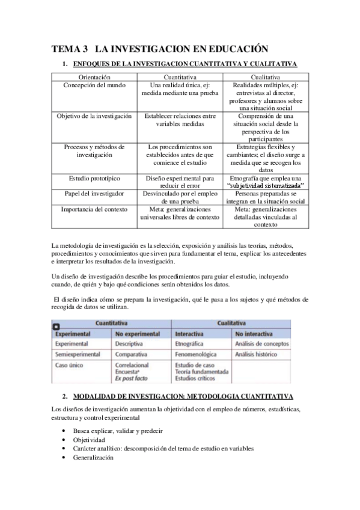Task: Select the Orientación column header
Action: click(94, 77)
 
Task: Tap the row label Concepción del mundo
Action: click(94, 85)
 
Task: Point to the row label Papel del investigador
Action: click(94, 194)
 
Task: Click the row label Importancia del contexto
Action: click(94, 209)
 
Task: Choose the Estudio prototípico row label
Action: click(94, 178)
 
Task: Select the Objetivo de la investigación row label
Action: click(94, 116)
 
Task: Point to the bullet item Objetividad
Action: click(89, 440)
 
